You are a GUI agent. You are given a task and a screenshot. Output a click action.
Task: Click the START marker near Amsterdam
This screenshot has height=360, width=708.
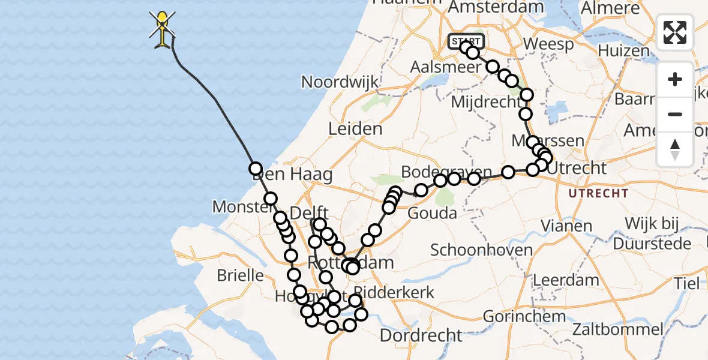pos(465,41)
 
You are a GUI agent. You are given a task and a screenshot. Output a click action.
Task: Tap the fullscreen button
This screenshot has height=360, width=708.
pos(675,32)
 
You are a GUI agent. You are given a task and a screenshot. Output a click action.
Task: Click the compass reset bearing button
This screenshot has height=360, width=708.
pos(675,148)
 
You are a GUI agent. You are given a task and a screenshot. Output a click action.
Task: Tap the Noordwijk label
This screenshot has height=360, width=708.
pos(340,82)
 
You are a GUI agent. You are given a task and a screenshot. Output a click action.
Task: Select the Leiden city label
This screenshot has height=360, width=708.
pos(355,128)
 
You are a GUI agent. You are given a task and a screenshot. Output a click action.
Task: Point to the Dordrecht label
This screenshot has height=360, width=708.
pos(422,334)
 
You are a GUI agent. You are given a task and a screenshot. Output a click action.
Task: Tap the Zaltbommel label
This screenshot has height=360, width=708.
pos(618,329)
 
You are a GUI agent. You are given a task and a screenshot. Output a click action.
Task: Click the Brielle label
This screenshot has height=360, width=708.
pos(241,275)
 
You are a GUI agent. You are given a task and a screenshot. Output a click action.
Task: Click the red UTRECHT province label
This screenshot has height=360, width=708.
pos(598,193)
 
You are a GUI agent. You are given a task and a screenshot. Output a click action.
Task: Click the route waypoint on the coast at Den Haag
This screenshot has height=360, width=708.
pos(256,169)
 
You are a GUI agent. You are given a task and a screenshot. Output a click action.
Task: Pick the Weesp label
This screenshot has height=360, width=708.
pos(548,44)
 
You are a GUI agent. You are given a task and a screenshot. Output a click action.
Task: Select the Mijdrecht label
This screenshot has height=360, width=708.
pos(484,101)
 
